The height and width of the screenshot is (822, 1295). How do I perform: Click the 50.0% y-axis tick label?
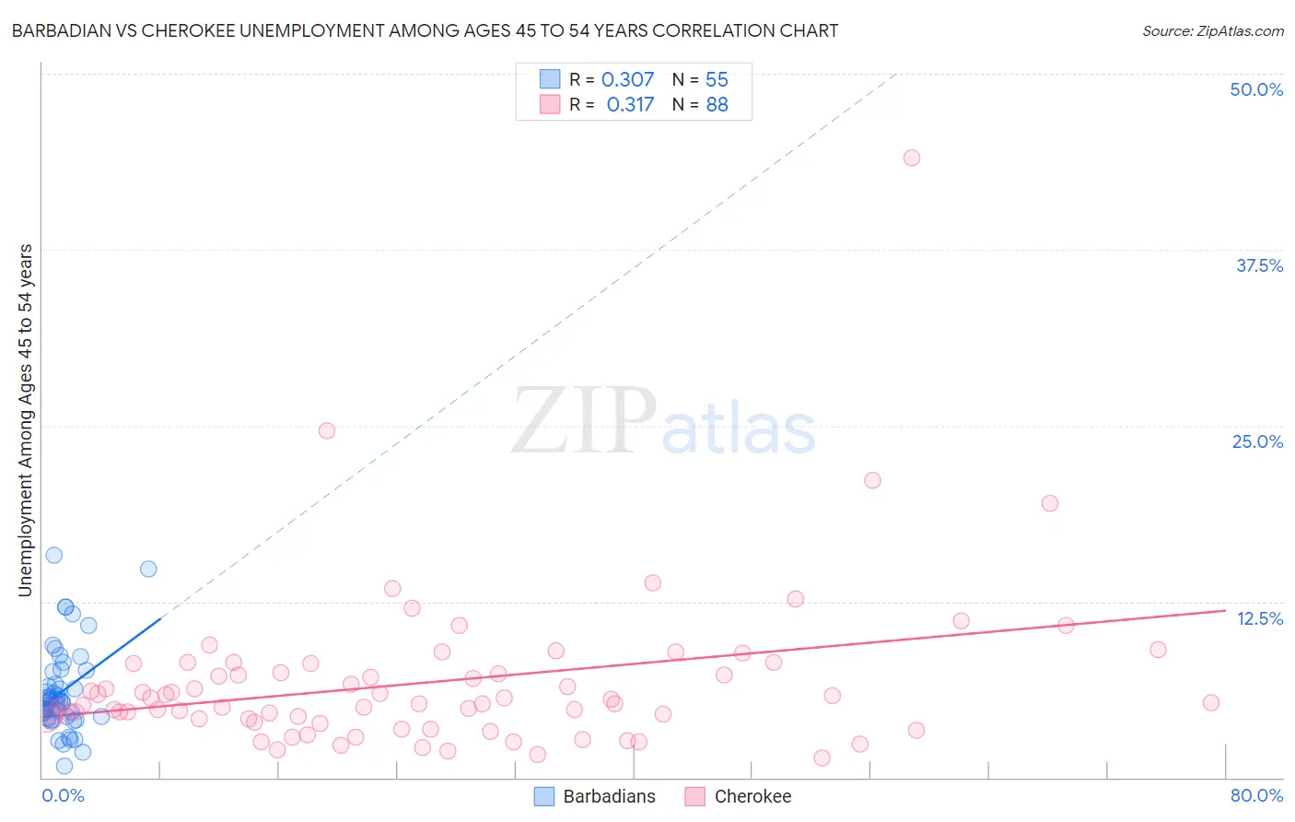[x=1256, y=89]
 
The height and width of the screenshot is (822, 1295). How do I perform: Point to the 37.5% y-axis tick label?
[x=1259, y=265]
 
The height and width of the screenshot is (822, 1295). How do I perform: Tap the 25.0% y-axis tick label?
[x=1257, y=441]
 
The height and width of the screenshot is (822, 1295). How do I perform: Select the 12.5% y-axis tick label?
[x=1259, y=618]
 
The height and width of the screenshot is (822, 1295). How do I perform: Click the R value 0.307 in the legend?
[x=627, y=80]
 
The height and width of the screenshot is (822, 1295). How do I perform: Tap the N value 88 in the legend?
[x=717, y=105]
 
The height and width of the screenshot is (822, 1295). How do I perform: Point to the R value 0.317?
[x=630, y=105]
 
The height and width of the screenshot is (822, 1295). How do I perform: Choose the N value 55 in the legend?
[x=717, y=80]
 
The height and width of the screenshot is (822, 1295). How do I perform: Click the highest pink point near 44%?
[x=912, y=158]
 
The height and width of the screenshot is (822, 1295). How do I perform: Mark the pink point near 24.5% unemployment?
[x=326, y=430]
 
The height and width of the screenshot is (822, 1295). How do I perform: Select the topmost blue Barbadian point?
[x=54, y=555]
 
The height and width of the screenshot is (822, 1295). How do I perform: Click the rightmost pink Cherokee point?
[x=1211, y=702]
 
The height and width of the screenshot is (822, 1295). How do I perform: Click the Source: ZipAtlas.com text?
[x=1212, y=31]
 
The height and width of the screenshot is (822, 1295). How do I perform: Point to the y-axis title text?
[x=26, y=420]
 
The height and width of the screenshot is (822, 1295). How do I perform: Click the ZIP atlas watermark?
[x=663, y=421]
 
